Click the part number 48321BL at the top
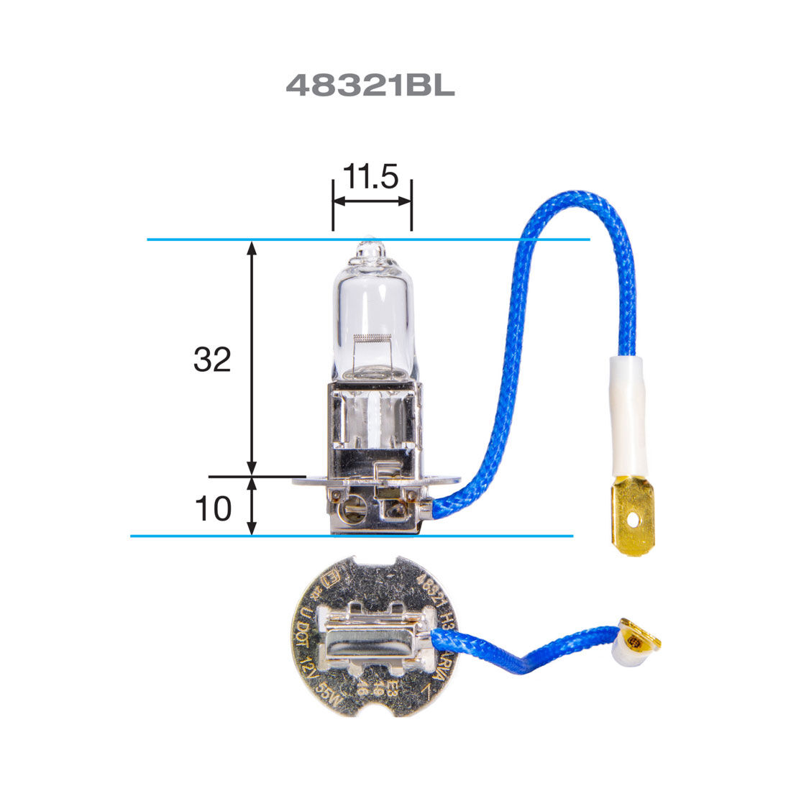click(x=370, y=86)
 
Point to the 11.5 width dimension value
click(x=370, y=177)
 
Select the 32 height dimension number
click(x=212, y=360)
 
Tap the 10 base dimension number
click(x=214, y=509)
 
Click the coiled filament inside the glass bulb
click(x=372, y=338)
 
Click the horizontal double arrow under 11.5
click(x=372, y=202)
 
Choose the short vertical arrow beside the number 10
click(x=252, y=506)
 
